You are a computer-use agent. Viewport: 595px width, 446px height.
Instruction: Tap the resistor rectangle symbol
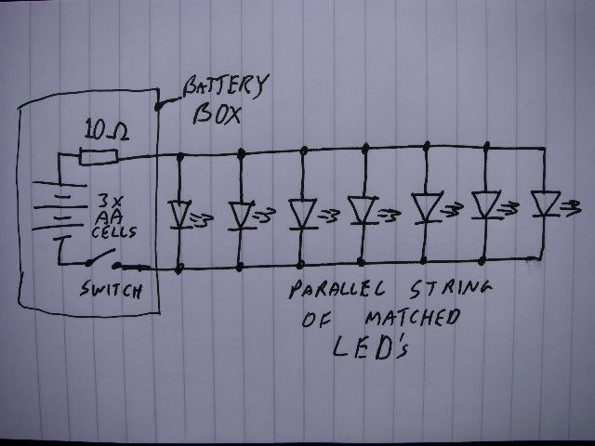pos(98,159)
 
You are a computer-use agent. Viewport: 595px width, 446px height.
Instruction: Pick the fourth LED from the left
pos(362,210)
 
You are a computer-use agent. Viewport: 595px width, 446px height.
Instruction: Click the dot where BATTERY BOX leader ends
pos(158,106)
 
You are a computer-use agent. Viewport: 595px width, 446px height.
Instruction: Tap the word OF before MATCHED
pos(319,321)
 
